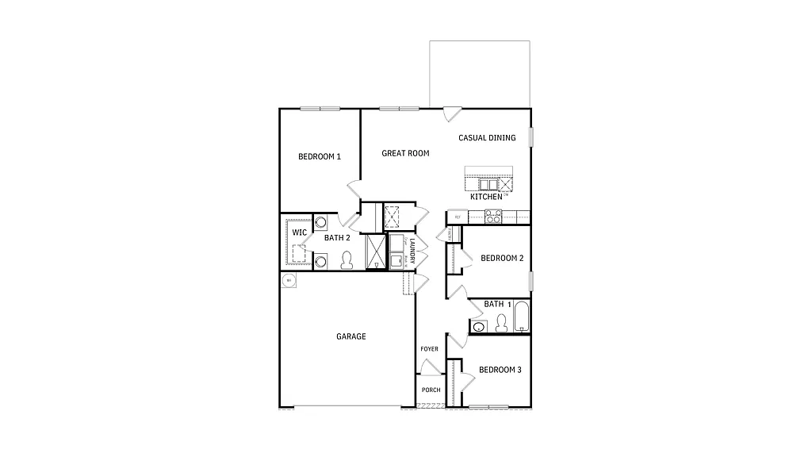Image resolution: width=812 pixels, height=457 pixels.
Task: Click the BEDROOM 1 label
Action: coord(320,156)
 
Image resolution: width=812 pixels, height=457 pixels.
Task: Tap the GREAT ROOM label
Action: coord(405,153)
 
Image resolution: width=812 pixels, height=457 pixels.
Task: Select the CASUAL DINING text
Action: coord(487,138)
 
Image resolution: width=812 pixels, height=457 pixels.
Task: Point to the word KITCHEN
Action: coord(486,196)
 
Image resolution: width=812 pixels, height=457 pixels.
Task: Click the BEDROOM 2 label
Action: coord(502,258)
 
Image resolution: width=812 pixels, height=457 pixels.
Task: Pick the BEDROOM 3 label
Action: coord(500,370)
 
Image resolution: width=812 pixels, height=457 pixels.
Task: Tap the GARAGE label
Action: coord(351,336)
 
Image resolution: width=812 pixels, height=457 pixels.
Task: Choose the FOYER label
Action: coord(429,349)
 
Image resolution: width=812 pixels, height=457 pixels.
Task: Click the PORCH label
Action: coord(431,390)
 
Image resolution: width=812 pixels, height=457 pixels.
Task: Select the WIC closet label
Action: coord(300,232)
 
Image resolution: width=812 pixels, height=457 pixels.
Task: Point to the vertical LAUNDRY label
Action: coord(412,247)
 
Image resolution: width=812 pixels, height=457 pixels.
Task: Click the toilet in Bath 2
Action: coord(347,260)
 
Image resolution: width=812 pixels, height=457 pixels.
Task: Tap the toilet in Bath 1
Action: coord(500,323)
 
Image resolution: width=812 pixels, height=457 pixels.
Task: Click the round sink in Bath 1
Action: coord(477,327)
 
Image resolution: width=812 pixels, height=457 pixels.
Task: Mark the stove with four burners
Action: coord(492,214)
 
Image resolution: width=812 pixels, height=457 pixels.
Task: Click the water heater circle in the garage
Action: coord(289,281)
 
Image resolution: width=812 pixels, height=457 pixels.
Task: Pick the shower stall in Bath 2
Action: coord(373,252)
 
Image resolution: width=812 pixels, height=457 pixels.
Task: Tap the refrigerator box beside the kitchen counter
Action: coord(458,216)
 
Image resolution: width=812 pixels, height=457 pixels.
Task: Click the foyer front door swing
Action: coord(429,367)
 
